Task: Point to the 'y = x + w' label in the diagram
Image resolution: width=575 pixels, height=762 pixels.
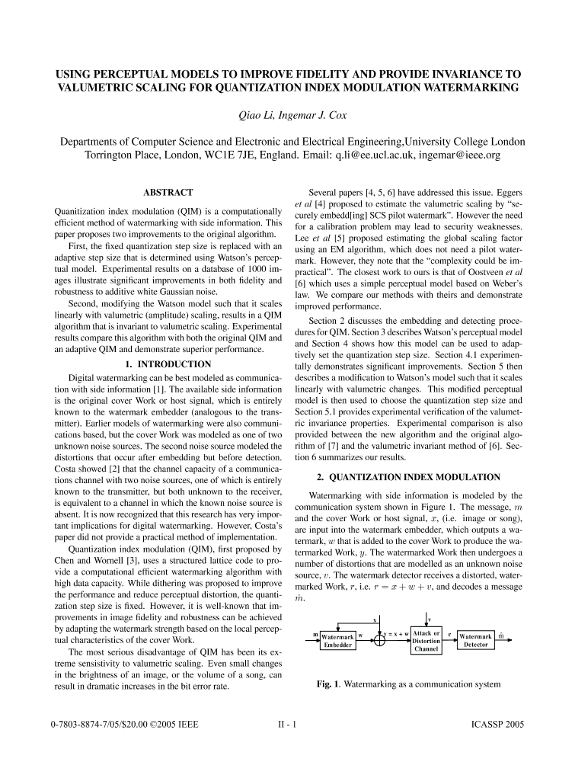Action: point(395,634)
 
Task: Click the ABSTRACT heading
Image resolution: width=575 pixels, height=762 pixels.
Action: point(168,193)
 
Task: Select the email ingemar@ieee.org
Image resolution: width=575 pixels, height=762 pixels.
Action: point(465,155)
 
